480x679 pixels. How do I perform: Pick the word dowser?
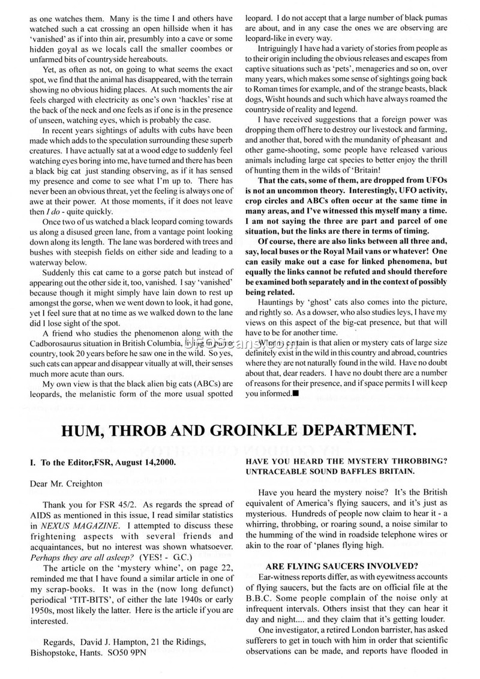(368, 312)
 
